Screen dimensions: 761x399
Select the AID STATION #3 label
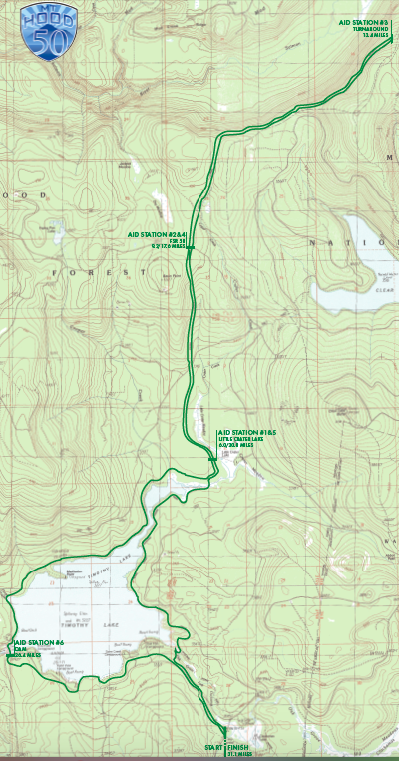[x=369, y=21]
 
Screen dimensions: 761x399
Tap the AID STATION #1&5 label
[x=246, y=433]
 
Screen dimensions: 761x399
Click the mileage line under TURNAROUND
[x=376, y=35]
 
